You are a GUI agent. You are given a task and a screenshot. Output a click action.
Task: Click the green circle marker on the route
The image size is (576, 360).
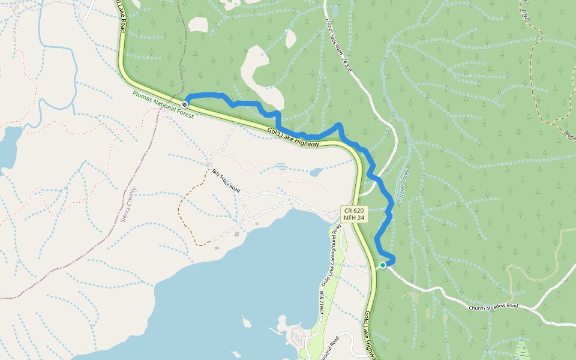[x=383, y=265]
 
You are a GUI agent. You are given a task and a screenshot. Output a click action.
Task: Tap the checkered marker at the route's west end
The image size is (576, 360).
[x=185, y=104]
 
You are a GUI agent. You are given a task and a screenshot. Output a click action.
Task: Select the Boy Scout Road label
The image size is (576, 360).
[x=226, y=181]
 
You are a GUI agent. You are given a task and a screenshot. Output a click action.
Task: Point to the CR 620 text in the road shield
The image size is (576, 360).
[x=354, y=211]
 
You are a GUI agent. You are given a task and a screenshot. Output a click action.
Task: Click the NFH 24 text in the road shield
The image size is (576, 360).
[x=354, y=218]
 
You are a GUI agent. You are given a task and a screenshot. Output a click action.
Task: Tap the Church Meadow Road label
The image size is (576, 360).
[x=493, y=306]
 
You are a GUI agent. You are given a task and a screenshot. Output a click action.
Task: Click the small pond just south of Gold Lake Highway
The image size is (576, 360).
[x=315, y=172]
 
